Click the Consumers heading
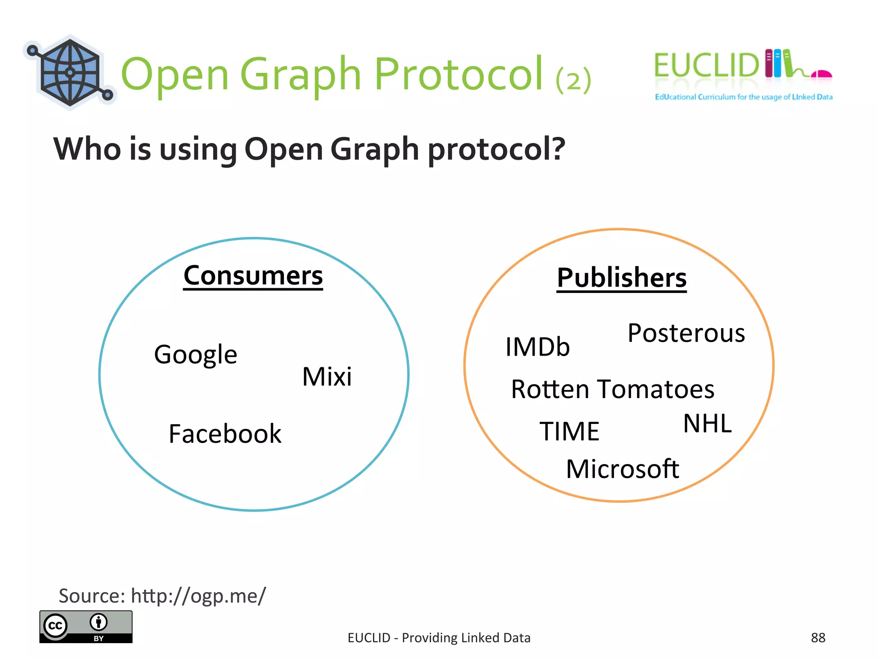[253, 276]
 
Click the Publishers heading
[622, 278]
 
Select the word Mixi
[327, 377]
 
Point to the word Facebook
[225, 434]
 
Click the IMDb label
[538, 347]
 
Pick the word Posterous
[686, 333]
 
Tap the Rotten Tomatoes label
[613, 390]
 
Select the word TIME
[569, 431]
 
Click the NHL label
[707, 424]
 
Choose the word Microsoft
[622, 469]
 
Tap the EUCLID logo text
[706, 66]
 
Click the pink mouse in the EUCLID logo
[821, 75]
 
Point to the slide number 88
[818, 638]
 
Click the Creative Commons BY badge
[86, 627]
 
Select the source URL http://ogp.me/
[198, 596]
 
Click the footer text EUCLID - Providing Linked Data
[439, 638]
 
